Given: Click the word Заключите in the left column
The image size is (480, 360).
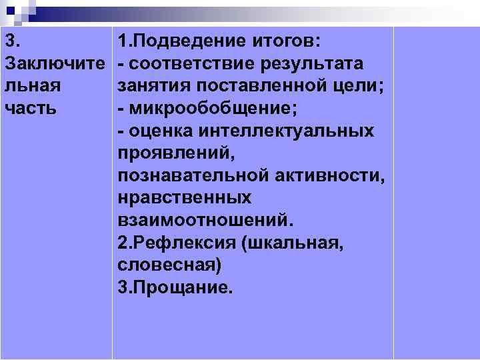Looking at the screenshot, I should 55,64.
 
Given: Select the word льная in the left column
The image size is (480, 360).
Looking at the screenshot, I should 33,86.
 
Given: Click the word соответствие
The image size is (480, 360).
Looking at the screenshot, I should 193,64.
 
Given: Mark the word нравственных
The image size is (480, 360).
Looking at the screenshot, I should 185,198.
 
